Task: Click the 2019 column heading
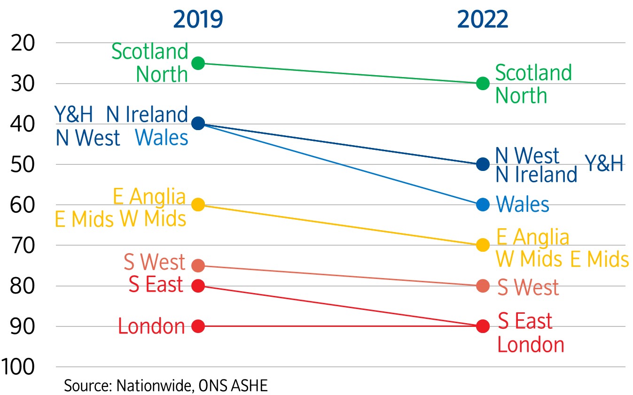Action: pos(198,20)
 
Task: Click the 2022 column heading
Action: pos(483,20)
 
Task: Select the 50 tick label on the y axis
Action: pos(23,164)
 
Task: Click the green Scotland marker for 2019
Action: pos(198,63)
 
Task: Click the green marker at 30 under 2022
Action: pos(483,84)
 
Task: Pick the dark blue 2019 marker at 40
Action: pos(198,124)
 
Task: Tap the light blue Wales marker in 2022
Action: pos(483,205)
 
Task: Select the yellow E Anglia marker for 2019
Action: pos(198,205)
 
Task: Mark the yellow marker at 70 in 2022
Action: pos(483,245)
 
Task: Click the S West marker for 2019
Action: pos(198,265)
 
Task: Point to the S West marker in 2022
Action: pos(483,286)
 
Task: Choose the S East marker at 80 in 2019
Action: pos(198,286)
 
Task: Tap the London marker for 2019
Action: pos(198,326)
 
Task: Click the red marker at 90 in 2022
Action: pos(483,326)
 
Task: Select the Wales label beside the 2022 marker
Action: pos(523,205)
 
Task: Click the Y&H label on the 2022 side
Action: pos(604,164)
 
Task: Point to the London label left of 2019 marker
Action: pos(151,326)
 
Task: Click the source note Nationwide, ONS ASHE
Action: pos(166,386)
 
